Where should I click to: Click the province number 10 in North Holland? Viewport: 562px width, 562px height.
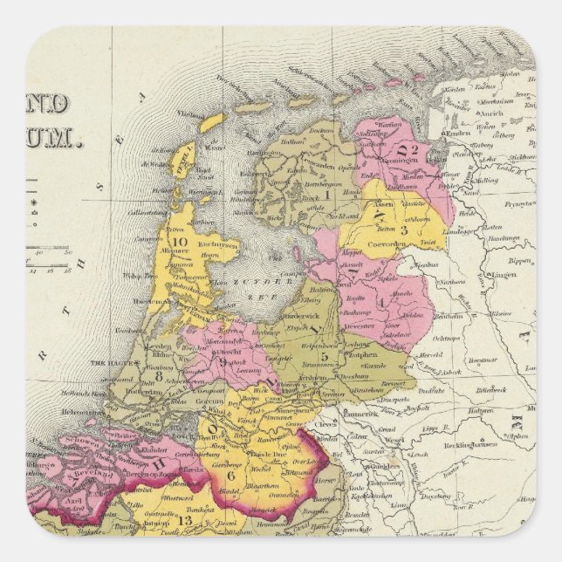[182, 243]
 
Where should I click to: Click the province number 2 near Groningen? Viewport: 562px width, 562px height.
[414, 149]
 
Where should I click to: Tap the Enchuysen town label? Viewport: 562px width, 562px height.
[215, 247]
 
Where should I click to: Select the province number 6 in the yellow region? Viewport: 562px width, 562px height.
[231, 475]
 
